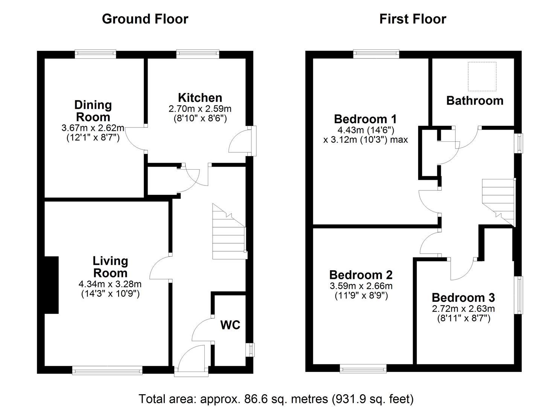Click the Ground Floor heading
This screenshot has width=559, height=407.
[x=145, y=19]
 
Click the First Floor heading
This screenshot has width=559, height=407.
[x=413, y=19]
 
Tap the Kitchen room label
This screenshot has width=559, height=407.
[x=200, y=98]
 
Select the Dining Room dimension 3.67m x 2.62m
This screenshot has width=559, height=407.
[x=93, y=128]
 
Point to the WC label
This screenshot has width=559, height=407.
[x=230, y=325]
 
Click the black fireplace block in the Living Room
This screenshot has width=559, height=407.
[x=52, y=285]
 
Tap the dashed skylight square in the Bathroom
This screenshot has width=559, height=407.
[x=482, y=77]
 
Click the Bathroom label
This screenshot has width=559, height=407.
[x=475, y=101]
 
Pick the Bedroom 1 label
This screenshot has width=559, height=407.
[x=365, y=119]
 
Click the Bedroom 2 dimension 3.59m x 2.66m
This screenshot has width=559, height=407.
[x=361, y=286]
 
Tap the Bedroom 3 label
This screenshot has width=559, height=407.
[x=463, y=297]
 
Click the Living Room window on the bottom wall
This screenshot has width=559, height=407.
[x=107, y=371]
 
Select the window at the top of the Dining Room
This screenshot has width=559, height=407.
[x=95, y=54]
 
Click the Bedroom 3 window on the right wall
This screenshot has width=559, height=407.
[x=519, y=295]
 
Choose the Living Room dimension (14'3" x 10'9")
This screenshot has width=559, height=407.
[x=110, y=294]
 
